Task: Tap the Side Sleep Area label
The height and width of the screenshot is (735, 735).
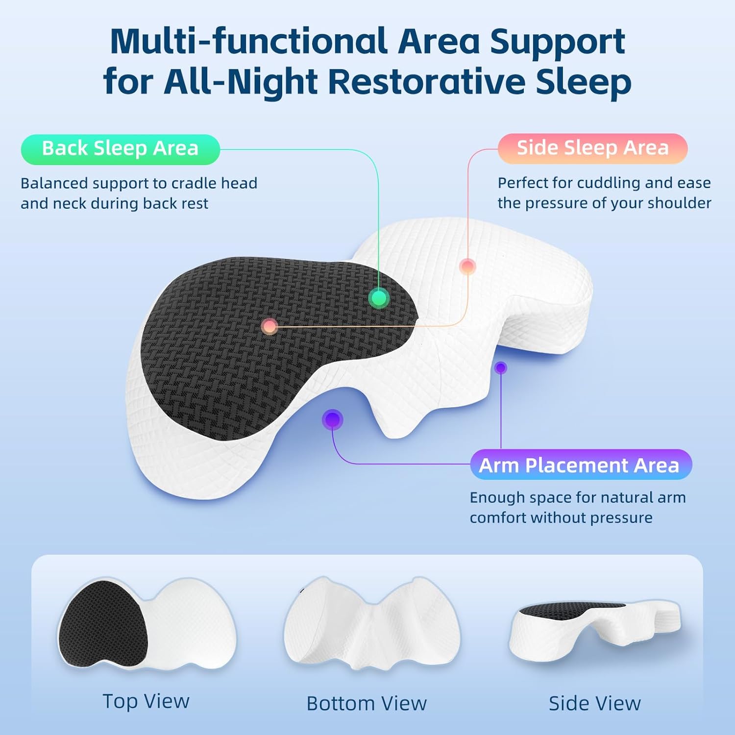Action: (592, 148)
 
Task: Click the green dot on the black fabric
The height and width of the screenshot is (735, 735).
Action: (378, 297)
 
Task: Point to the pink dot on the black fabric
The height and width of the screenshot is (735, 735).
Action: (269, 326)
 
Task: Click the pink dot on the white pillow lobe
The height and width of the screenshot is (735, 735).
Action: (467, 267)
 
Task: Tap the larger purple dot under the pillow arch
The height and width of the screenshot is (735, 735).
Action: (333, 419)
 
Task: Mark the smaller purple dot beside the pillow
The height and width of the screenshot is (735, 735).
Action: (500, 367)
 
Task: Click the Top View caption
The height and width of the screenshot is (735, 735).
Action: (146, 701)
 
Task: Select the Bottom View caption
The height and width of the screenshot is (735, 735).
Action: (367, 703)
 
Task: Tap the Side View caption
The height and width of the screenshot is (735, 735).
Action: (594, 703)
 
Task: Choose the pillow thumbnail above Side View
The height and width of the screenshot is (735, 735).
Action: (594, 630)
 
